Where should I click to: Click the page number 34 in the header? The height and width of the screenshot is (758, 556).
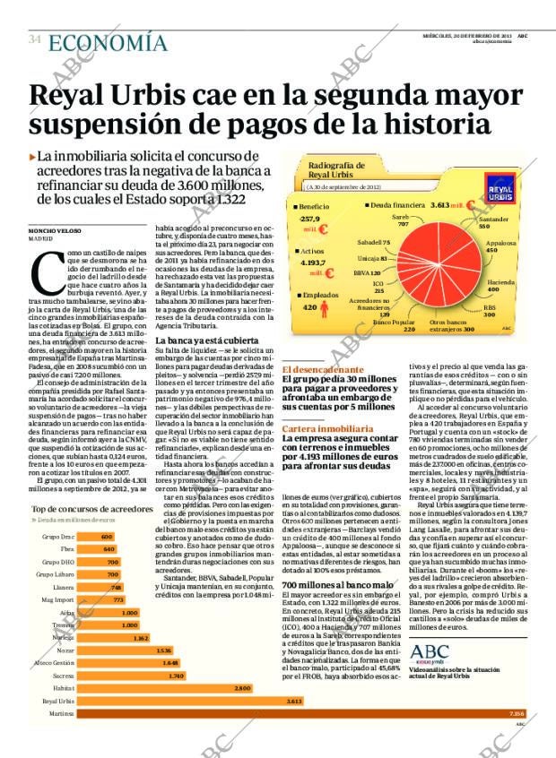click(34, 39)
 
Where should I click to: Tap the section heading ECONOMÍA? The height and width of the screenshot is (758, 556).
click(108, 42)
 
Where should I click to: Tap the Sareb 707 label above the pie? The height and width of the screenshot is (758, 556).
click(403, 220)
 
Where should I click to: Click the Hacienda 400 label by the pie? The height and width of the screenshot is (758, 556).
click(500, 286)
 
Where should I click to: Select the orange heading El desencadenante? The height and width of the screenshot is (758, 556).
click(323, 369)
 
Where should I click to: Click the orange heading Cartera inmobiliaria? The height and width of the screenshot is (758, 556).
click(327, 429)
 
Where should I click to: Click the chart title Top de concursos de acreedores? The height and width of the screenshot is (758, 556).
click(91, 508)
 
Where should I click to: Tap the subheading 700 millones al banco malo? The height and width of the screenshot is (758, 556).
click(334, 584)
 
